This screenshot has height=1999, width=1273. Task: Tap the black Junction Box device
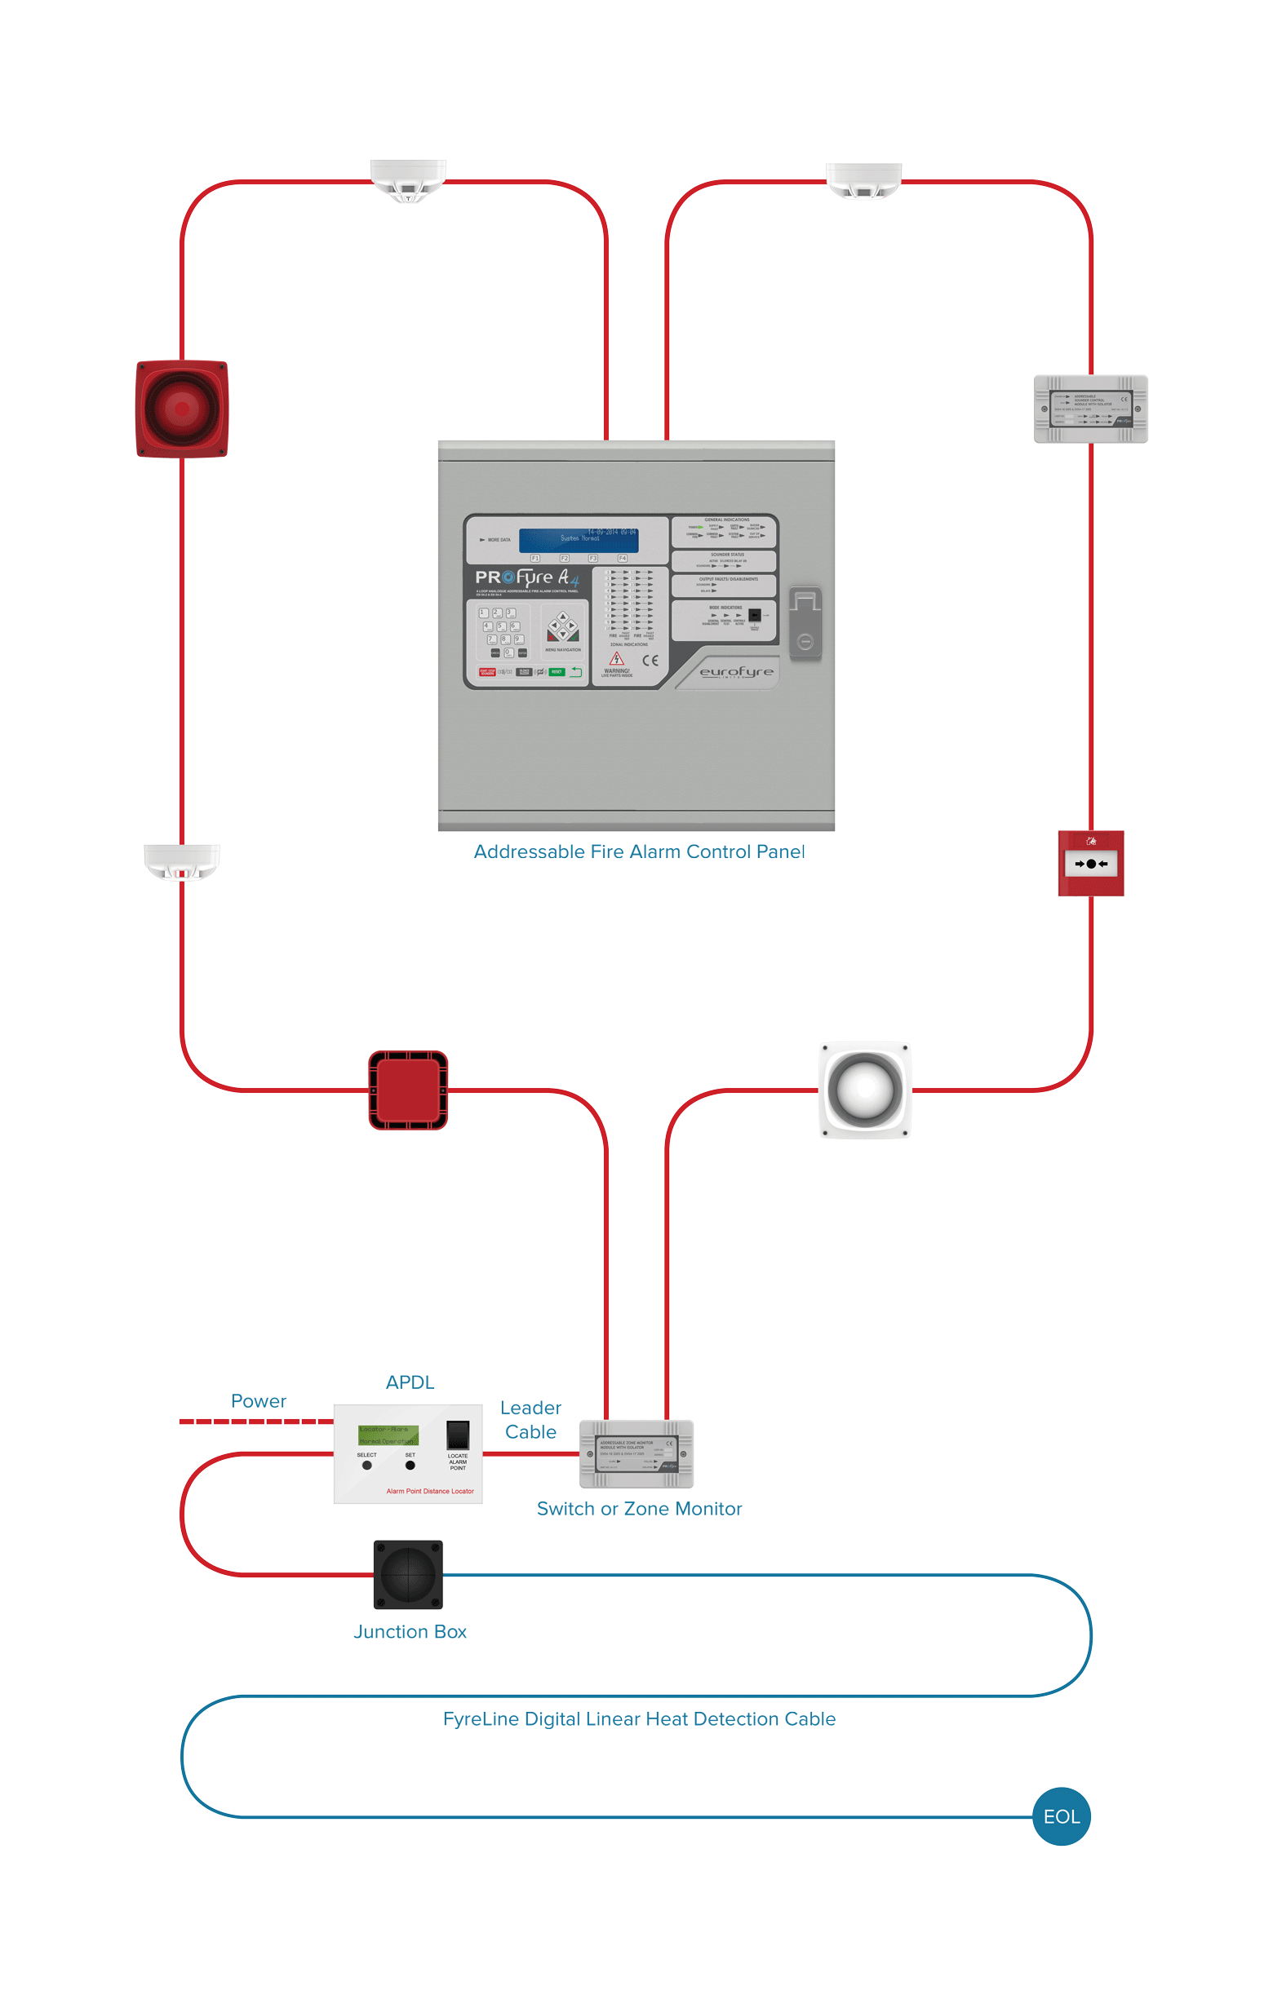pyautogui.click(x=408, y=1574)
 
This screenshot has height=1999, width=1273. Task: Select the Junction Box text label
pyautogui.click(x=410, y=1631)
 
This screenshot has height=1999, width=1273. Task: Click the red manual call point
pyautogui.click(x=1090, y=863)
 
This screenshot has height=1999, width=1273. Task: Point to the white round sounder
pyautogui.click(x=864, y=1089)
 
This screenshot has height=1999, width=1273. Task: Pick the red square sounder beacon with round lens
pyautogui.click(x=182, y=409)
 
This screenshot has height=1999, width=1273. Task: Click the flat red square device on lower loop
pyautogui.click(x=408, y=1089)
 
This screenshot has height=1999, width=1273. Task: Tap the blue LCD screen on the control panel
pyautogui.click(x=579, y=540)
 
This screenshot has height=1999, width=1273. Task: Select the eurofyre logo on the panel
pyautogui.click(x=736, y=671)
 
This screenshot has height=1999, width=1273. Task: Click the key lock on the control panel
pyautogui.click(x=805, y=623)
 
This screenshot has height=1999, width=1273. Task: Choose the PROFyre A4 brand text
pyautogui.click(x=526, y=577)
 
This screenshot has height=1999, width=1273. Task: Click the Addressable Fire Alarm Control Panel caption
pyautogui.click(x=639, y=851)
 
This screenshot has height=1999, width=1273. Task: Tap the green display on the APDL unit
pyautogui.click(x=388, y=1435)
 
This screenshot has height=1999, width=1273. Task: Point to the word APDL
pyautogui.click(x=410, y=1382)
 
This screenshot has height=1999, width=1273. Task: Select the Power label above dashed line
pyautogui.click(x=258, y=1401)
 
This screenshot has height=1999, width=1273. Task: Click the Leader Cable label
pyautogui.click(x=530, y=1420)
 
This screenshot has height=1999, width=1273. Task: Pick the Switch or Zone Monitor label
pyautogui.click(x=639, y=1508)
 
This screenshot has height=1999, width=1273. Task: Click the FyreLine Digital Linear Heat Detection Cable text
pyautogui.click(x=639, y=1718)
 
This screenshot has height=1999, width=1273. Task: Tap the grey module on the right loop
pyautogui.click(x=1090, y=409)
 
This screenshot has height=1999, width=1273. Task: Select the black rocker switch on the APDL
pyautogui.click(x=458, y=1435)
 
